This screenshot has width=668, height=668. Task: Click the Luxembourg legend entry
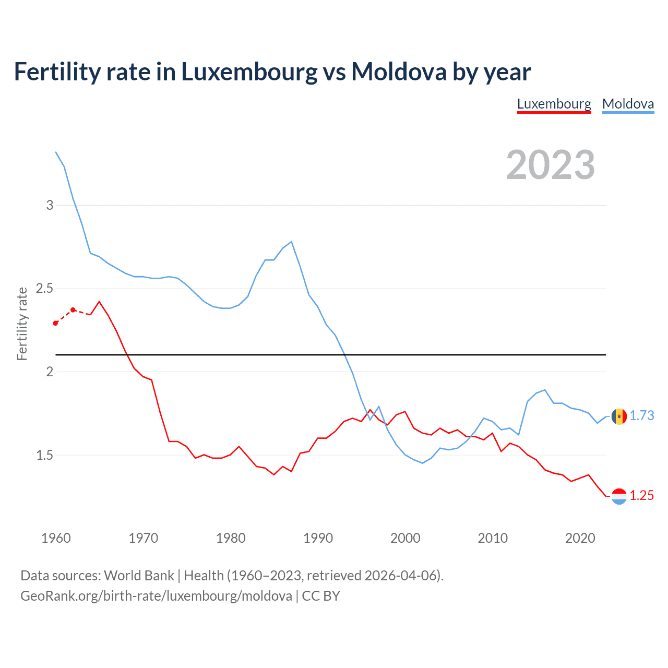coord(554,104)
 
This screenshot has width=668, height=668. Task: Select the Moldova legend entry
coord(628,104)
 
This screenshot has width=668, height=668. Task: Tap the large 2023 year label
coord(551,165)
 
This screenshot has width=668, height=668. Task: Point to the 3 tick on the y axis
coord(50,205)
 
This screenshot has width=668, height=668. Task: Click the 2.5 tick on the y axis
coord(45,289)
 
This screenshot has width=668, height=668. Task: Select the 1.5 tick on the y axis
coord(45,455)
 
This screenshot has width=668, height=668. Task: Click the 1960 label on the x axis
coord(56,538)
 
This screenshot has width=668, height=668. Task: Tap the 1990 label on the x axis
coord(318,538)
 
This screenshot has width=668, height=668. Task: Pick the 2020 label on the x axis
coord(580,538)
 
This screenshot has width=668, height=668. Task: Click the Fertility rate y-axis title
coord(22,324)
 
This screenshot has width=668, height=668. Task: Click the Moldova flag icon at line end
coord(619,416)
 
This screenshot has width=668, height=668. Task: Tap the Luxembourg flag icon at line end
coord(619,496)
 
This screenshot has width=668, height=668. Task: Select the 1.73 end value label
coord(641,415)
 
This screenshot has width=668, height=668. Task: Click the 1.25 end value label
coord(641,495)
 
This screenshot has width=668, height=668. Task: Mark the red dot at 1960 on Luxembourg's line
coord(56,323)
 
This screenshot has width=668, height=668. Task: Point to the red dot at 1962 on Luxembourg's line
coord(73,309)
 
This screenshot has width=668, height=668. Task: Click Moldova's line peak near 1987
coord(291,242)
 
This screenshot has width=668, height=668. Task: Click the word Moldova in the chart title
coord(398,71)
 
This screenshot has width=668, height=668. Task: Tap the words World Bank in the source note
coord(139,576)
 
